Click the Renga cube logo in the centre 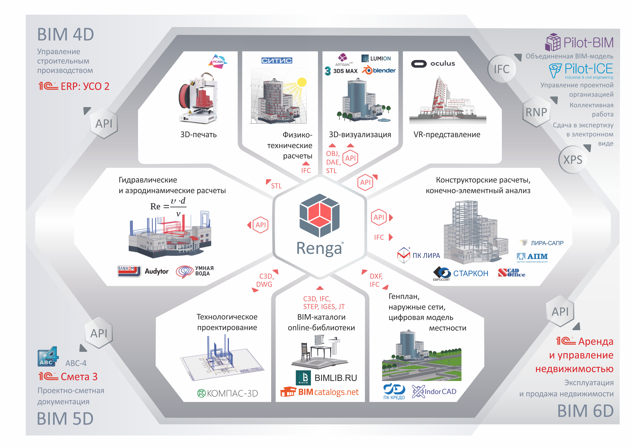(x=319, y=215)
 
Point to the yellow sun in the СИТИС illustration (x=302, y=82)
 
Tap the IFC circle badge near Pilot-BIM (x=501, y=69)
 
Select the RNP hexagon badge (x=536, y=112)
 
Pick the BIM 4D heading (x=66, y=35)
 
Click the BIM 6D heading (x=585, y=411)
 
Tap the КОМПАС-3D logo (x=228, y=393)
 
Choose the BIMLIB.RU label (x=335, y=378)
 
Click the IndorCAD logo (x=434, y=392)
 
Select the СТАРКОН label (x=470, y=273)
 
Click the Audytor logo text (x=156, y=271)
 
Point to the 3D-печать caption (x=198, y=134)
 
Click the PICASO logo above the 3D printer (x=218, y=61)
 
